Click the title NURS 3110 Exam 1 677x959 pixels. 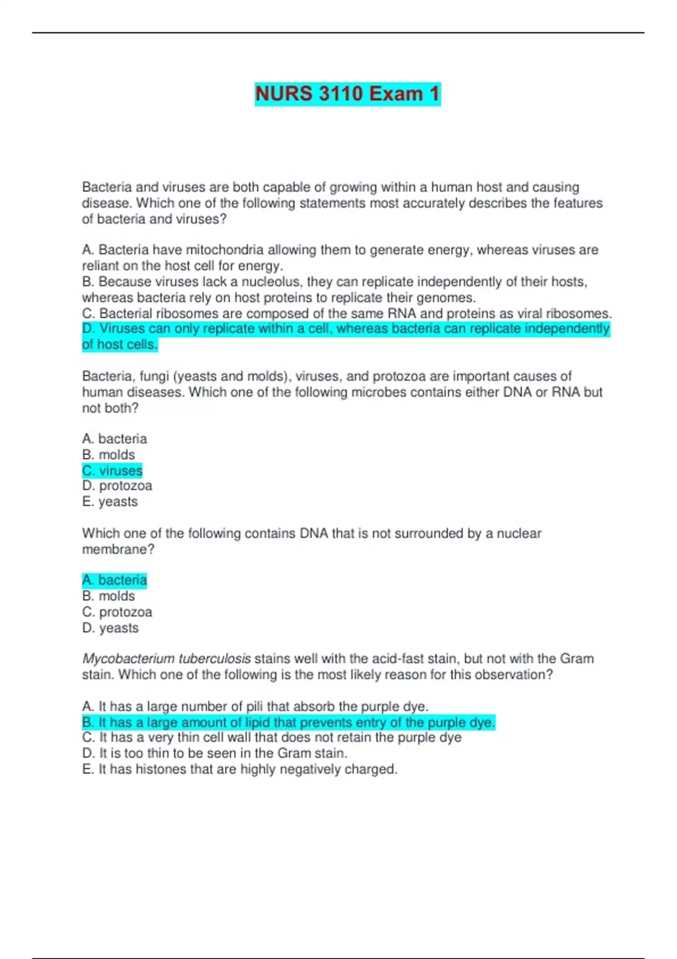pos(347,94)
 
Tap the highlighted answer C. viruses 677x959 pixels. pos(112,470)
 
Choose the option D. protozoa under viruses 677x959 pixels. pos(117,486)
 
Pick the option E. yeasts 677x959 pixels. pos(110,502)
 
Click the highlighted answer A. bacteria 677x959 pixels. pos(115,580)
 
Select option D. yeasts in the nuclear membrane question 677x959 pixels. pos(110,628)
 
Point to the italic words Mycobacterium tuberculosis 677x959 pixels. pos(166,659)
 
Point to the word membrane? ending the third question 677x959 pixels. pos(118,549)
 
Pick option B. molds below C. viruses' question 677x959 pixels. pos(108,455)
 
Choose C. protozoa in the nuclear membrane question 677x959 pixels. pos(117,612)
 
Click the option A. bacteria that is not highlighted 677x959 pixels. pos(115,439)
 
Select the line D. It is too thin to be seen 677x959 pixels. pos(214,754)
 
